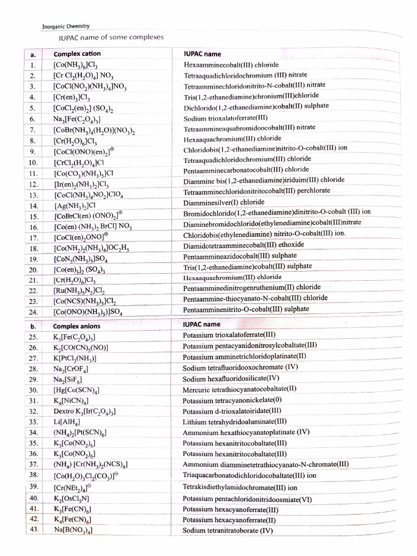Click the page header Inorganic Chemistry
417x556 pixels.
[66, 26]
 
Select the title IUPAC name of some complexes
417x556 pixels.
[111, 37]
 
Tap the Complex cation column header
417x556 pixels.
[77, 54]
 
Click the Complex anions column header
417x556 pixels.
[77, 326]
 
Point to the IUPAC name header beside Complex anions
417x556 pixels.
[201, 324]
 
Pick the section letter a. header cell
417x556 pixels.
[33, 54]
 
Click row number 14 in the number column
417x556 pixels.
[33, 205]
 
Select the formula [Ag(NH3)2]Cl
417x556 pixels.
[74, 206]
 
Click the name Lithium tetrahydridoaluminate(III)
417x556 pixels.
[235, 421]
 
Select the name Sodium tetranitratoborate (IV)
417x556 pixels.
[228, 530]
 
